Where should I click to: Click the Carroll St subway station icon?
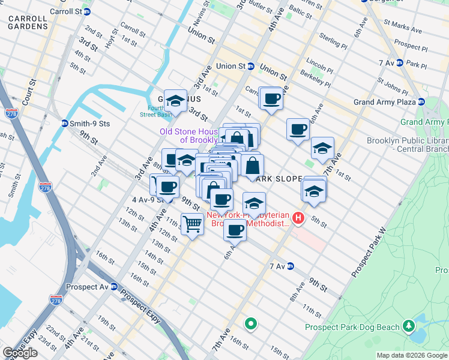pyautogui.click(x=87, y=11)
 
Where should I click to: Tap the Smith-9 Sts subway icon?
pyautogui.click(x=65, y=124)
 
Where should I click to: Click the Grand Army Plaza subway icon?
pyautogui.click(x=421, y=102)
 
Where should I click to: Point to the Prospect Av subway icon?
pyautogui.click(x=113, y=286)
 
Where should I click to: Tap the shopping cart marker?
pyautogui.click(x=192, y=225)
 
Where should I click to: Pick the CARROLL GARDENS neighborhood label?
pyautogui.click(x=28, y=23)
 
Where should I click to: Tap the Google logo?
pyautogui.click(x=20, y=353)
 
